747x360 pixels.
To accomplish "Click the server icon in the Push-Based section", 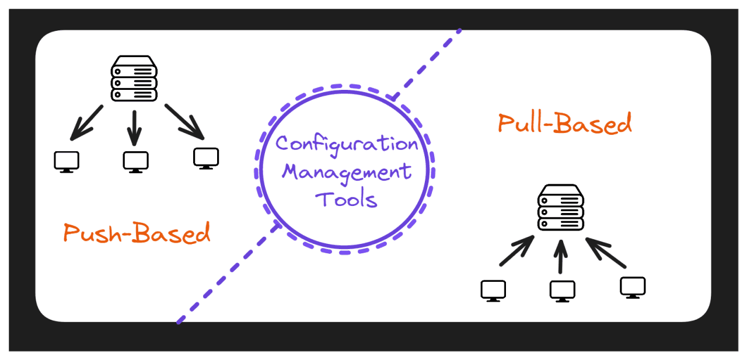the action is point(134,79).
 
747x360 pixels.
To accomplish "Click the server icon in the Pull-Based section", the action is point(560,207).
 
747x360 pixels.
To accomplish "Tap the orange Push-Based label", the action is point(137,233).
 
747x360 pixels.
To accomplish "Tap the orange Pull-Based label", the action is point(564,124).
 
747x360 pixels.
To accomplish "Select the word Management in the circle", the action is point(347,172).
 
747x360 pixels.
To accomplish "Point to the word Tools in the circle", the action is point(346,200).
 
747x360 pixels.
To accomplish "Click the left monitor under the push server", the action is point(67,162).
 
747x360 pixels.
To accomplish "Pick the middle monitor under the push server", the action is point(135,162).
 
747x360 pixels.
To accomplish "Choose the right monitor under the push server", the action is point(206,158).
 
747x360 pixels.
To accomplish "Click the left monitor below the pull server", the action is point(493,290).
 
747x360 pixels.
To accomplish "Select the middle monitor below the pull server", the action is point(562,291).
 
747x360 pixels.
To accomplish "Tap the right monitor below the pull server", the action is point(633,287).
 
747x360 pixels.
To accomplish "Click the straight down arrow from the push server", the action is point(135,127).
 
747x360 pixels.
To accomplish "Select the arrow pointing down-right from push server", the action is point(185,122).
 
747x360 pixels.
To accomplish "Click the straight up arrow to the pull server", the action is point(561,255).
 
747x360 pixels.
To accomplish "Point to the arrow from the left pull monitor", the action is point(516,251).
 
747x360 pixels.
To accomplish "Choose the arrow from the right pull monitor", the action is point(605,252).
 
